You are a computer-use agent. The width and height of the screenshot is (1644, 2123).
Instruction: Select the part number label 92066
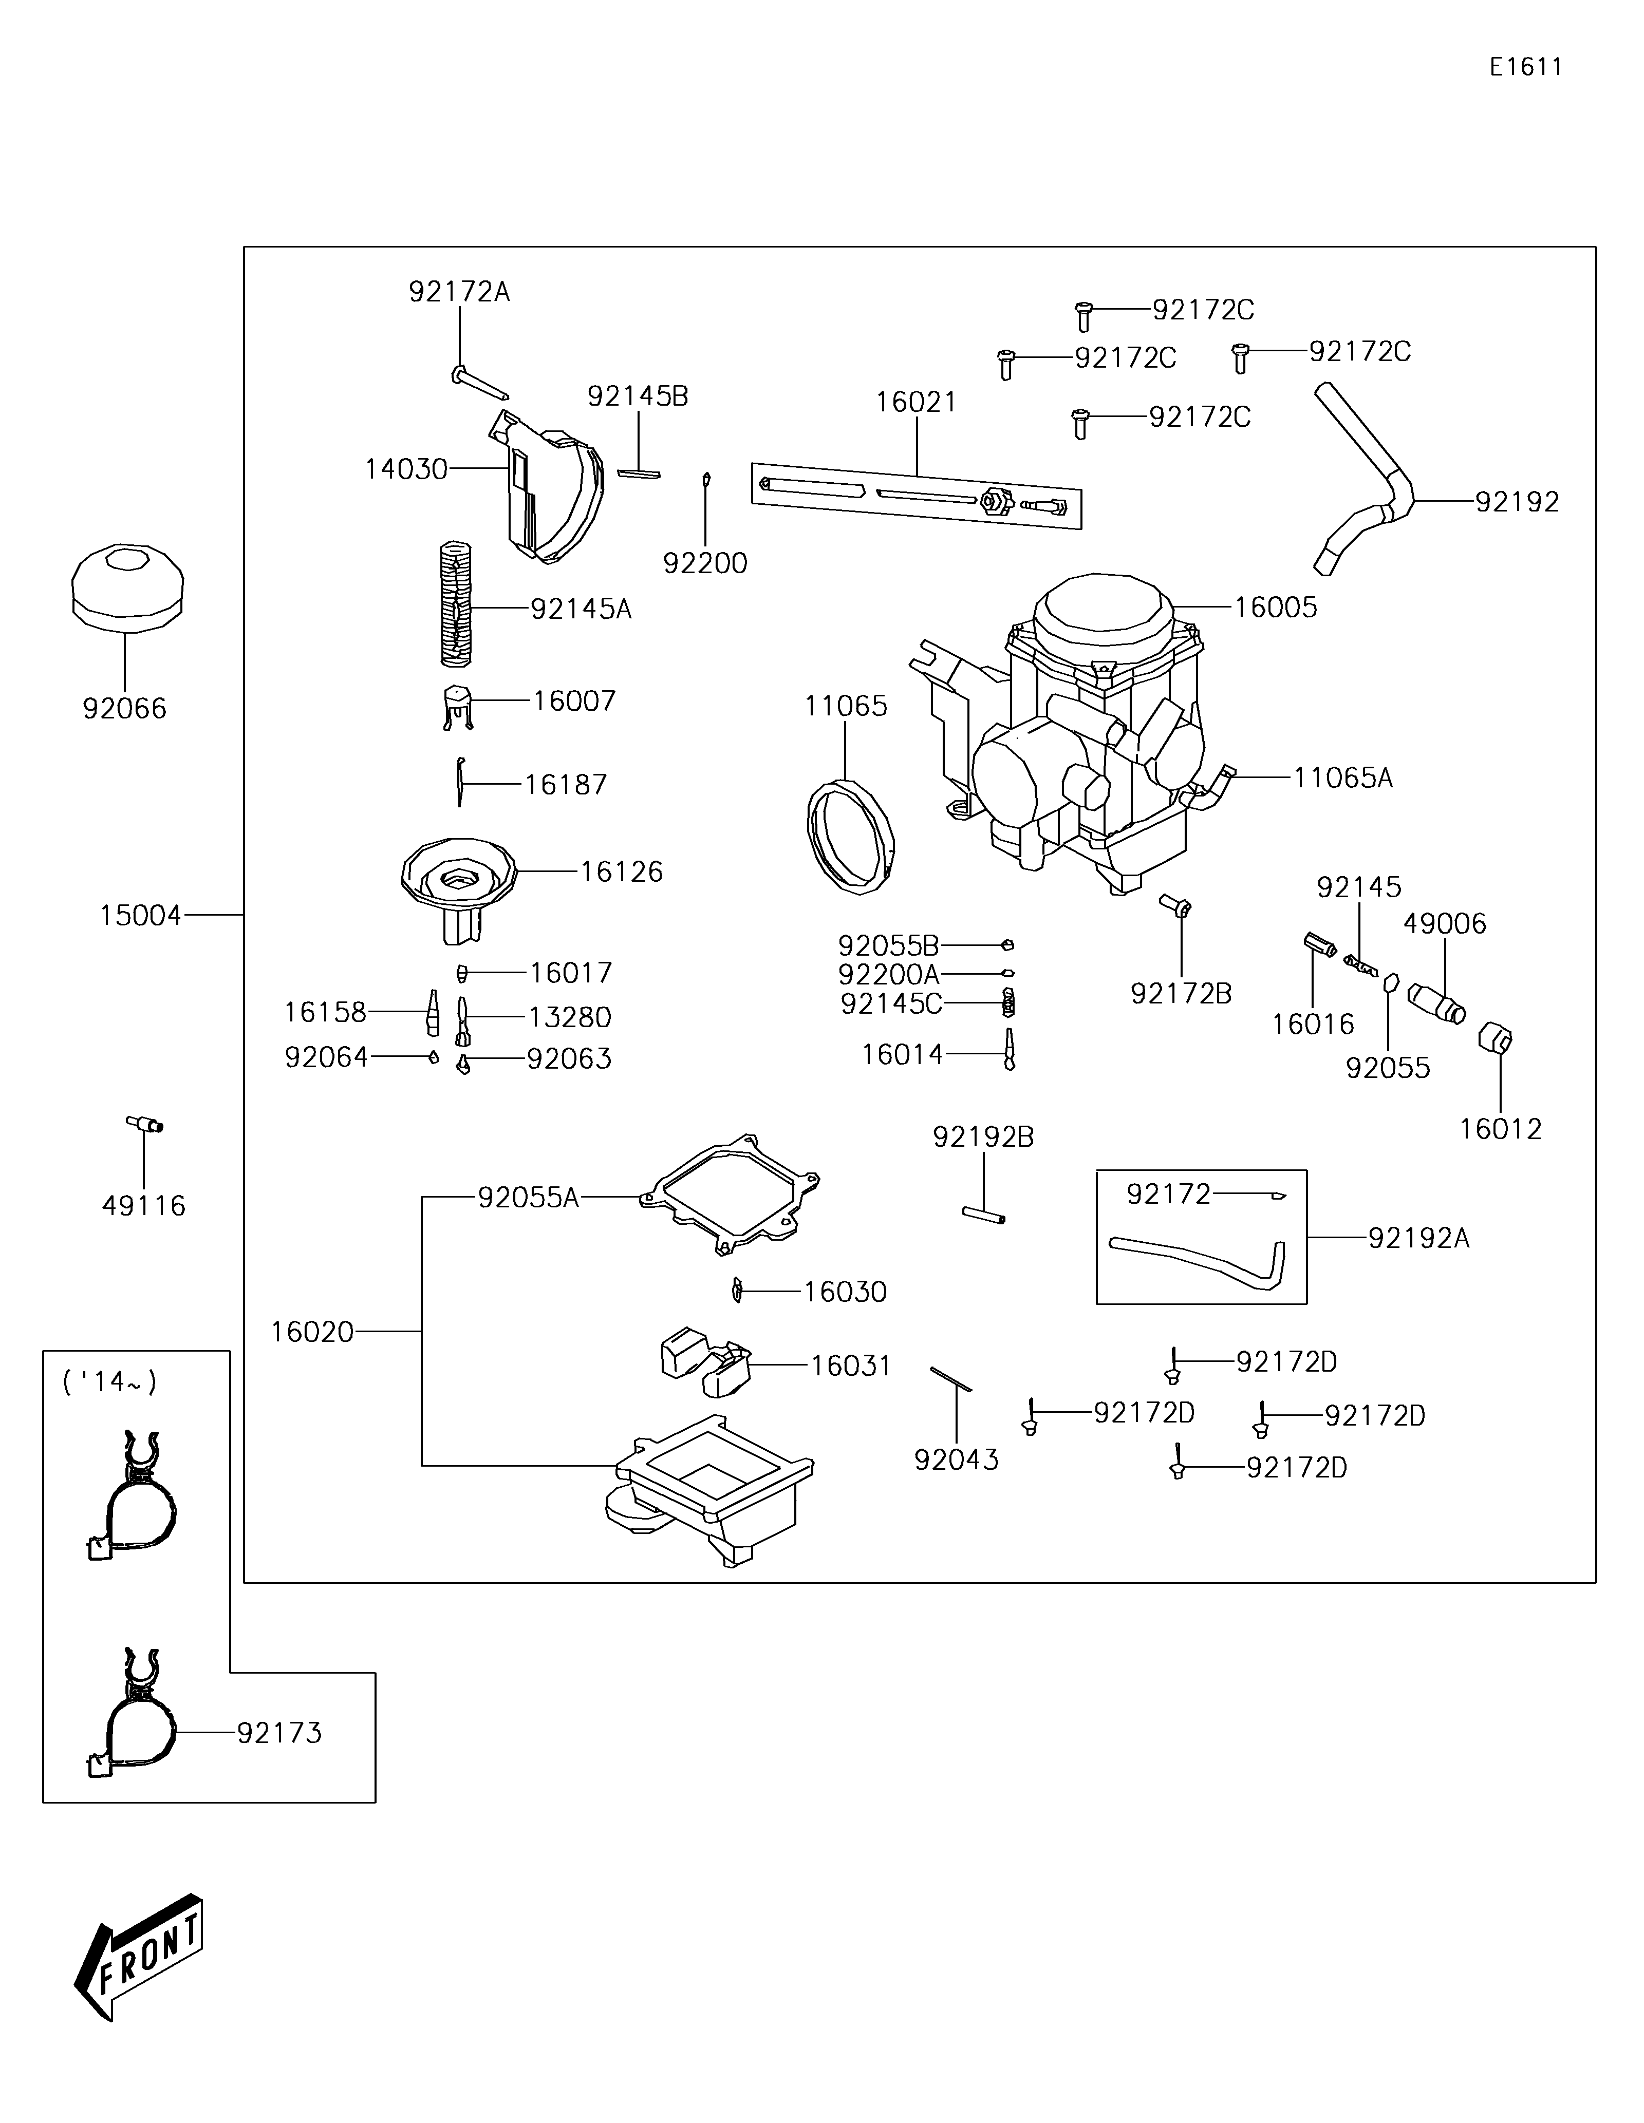click(124, 709)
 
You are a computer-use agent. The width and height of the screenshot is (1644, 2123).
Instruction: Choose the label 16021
click(916, 403)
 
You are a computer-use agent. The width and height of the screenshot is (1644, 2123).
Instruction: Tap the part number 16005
click(1276, 608)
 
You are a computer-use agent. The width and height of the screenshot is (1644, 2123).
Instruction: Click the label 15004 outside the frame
click(140, 916)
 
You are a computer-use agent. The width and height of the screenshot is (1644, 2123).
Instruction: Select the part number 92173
click(279, 1733)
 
